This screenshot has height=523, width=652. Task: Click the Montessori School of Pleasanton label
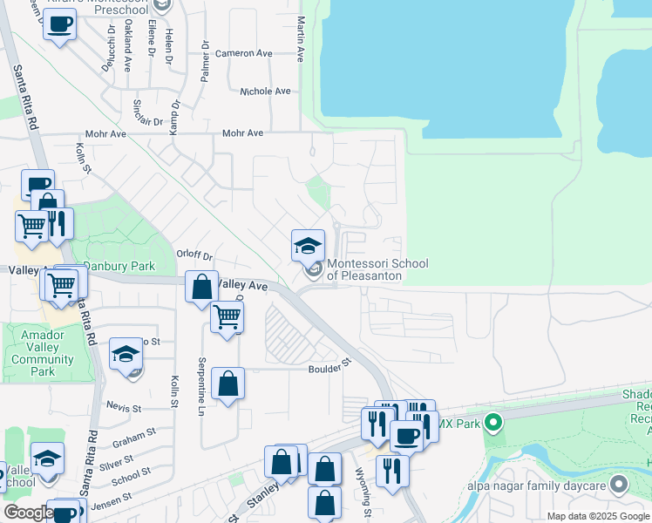tap(364, 270)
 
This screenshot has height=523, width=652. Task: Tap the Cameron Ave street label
tap(244, 53)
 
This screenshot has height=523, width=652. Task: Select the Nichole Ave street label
tap(265, 91)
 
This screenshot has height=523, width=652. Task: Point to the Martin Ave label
tap(300, 39)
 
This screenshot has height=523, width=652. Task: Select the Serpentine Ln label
tap(201, 383)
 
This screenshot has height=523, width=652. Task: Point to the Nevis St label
tap(123, 408)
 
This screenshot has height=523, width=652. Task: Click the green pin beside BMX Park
tap(492, 424)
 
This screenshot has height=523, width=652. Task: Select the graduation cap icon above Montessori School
tap(308, 245)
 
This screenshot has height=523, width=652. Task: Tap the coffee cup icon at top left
tap(59, 24)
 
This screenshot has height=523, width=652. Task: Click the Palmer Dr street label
tap(205, 61)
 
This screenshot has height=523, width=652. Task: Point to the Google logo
tap(29, 513)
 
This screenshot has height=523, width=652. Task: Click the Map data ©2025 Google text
tap(597, 516)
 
